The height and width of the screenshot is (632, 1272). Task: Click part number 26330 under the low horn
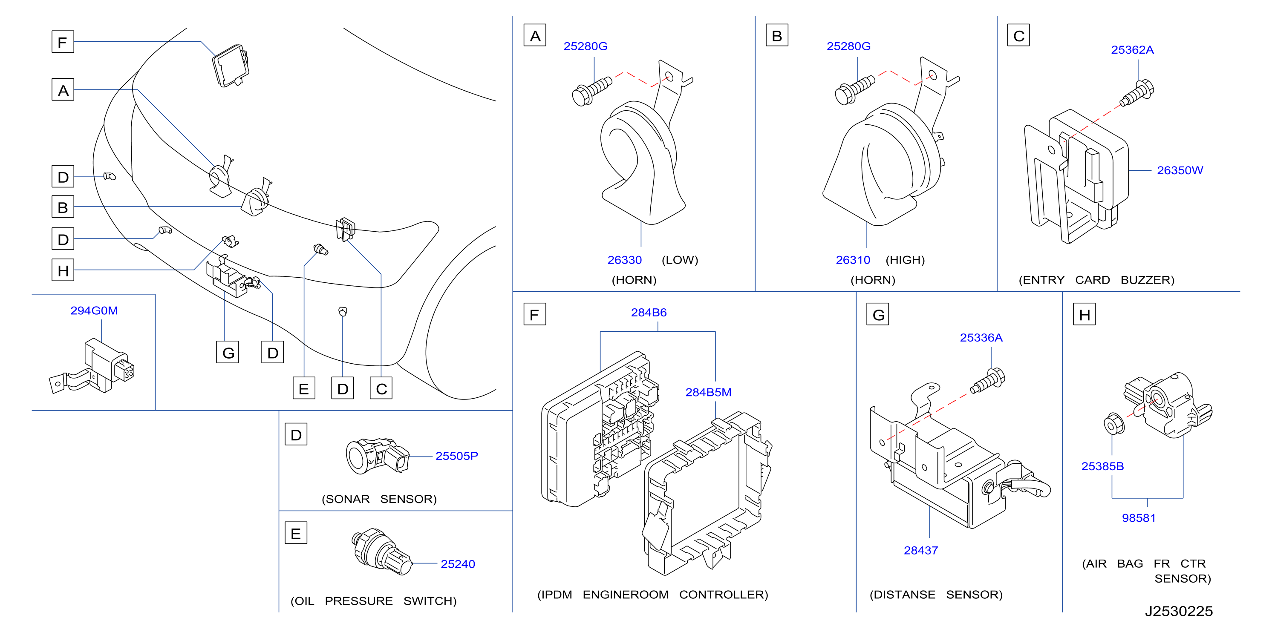coord(624,260)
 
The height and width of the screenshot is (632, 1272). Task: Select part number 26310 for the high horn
coord(852,260)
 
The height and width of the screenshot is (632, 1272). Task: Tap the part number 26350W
coord(1180,170)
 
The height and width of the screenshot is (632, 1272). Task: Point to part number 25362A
coord(1132,50)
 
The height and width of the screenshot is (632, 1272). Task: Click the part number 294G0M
coord(94,310)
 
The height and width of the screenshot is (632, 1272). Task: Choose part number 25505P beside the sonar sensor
coord(456,456)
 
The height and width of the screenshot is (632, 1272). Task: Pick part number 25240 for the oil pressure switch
coord(457,564)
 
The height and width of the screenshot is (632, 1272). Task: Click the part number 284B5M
coord(708,392)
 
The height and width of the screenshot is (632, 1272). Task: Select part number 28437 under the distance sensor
coord(920,550)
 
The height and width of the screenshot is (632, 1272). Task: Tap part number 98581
coord(1138,517)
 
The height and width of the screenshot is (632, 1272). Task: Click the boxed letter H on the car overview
coord(63,270)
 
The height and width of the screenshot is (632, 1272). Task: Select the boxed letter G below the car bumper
coord(228,352)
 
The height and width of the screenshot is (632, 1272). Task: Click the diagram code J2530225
coord(1179,611)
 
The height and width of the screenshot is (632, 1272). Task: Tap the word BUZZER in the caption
coord(1147,280)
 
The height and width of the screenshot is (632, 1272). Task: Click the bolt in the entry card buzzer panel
coord(1136,94)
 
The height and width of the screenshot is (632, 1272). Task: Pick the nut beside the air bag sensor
coord(1114,423)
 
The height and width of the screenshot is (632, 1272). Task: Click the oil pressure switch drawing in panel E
coord(381,552)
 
